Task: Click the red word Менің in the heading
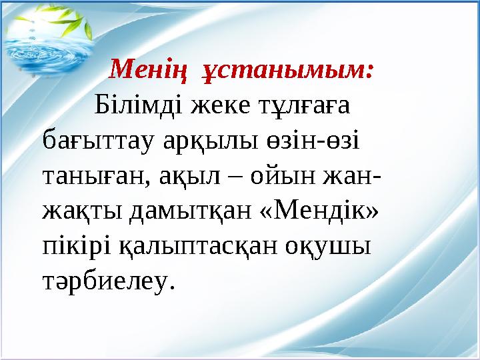pos(139,69)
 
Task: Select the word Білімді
pos(139,105)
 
